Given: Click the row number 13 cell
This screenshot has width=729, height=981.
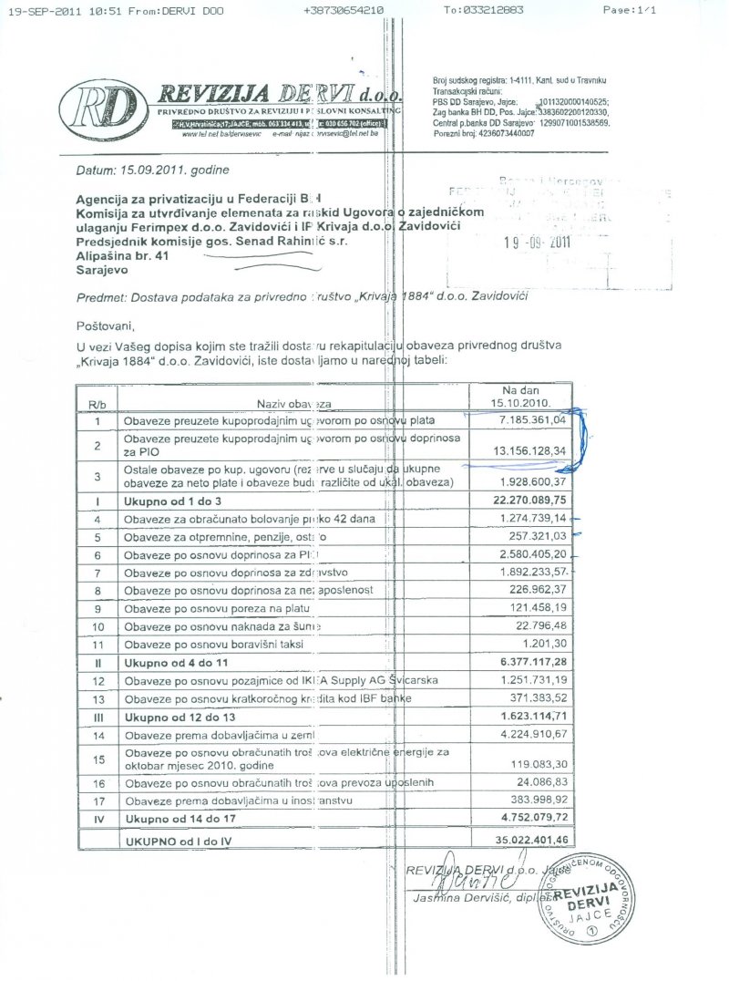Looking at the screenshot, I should (98, 697).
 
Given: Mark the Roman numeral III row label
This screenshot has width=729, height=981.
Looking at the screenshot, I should (98, 716).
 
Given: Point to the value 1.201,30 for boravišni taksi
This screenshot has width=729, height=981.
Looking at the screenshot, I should (543, 644).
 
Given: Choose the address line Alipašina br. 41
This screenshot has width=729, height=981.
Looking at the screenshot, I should (123, 258).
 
